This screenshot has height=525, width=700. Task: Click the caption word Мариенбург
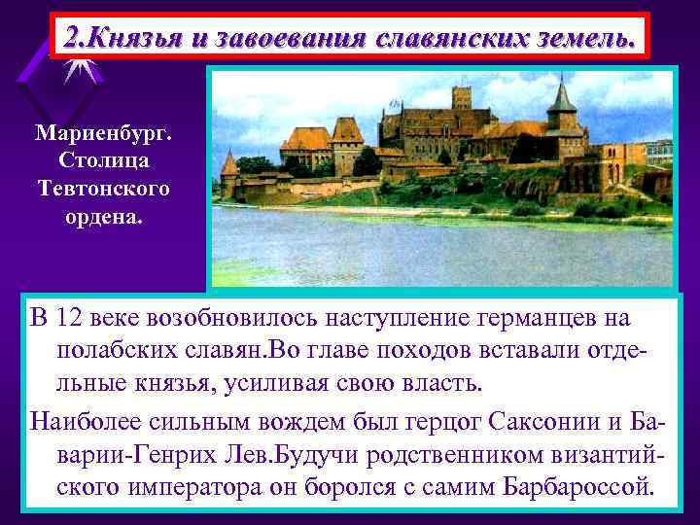pos(105,131)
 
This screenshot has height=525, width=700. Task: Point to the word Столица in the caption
pos(105,158)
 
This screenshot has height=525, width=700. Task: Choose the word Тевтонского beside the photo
pos(105,187)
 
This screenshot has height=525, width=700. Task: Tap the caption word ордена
pos(105,214)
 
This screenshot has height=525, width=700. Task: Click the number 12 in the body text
pos(70,319)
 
